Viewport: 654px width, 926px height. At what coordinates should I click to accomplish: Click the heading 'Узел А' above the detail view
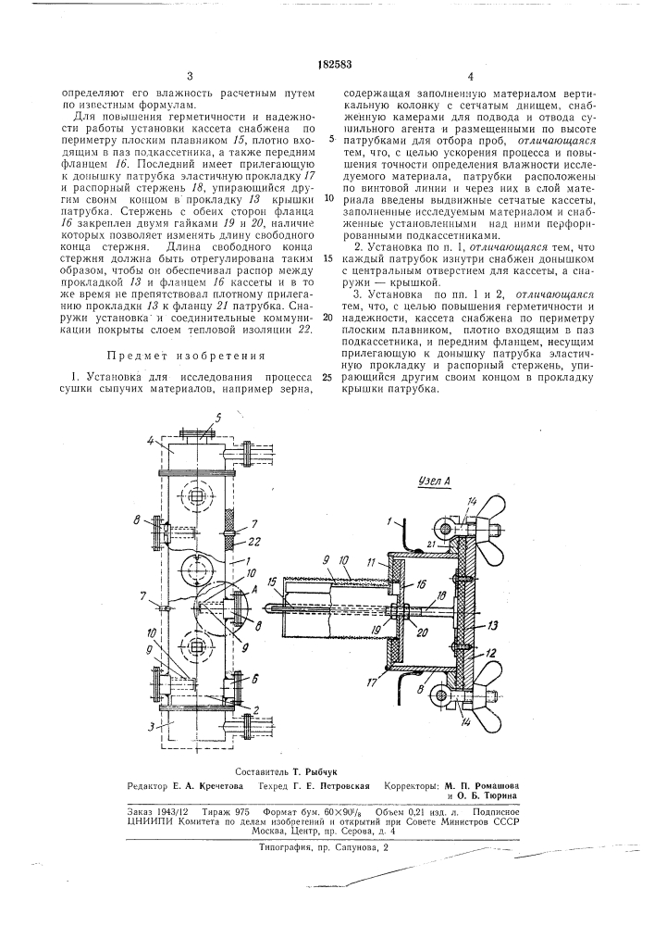tap(434, 482)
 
